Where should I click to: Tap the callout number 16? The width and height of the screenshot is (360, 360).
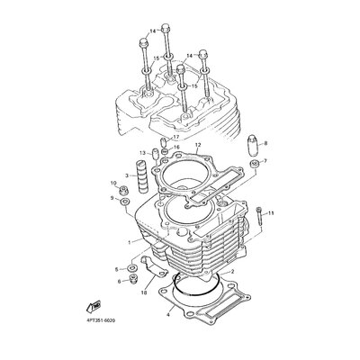(x=177, y=148)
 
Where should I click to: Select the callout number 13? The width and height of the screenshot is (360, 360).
(x=142, y=153)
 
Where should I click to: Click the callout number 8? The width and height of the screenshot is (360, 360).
(x=265, y=143)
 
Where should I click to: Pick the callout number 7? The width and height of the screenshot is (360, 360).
(x=265, y=161)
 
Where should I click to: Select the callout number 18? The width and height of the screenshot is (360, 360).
(x=144, y=292)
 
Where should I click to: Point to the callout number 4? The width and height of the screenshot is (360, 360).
(x=167, y=315)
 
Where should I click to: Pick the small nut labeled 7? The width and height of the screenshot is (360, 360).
(x=253, y=163)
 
